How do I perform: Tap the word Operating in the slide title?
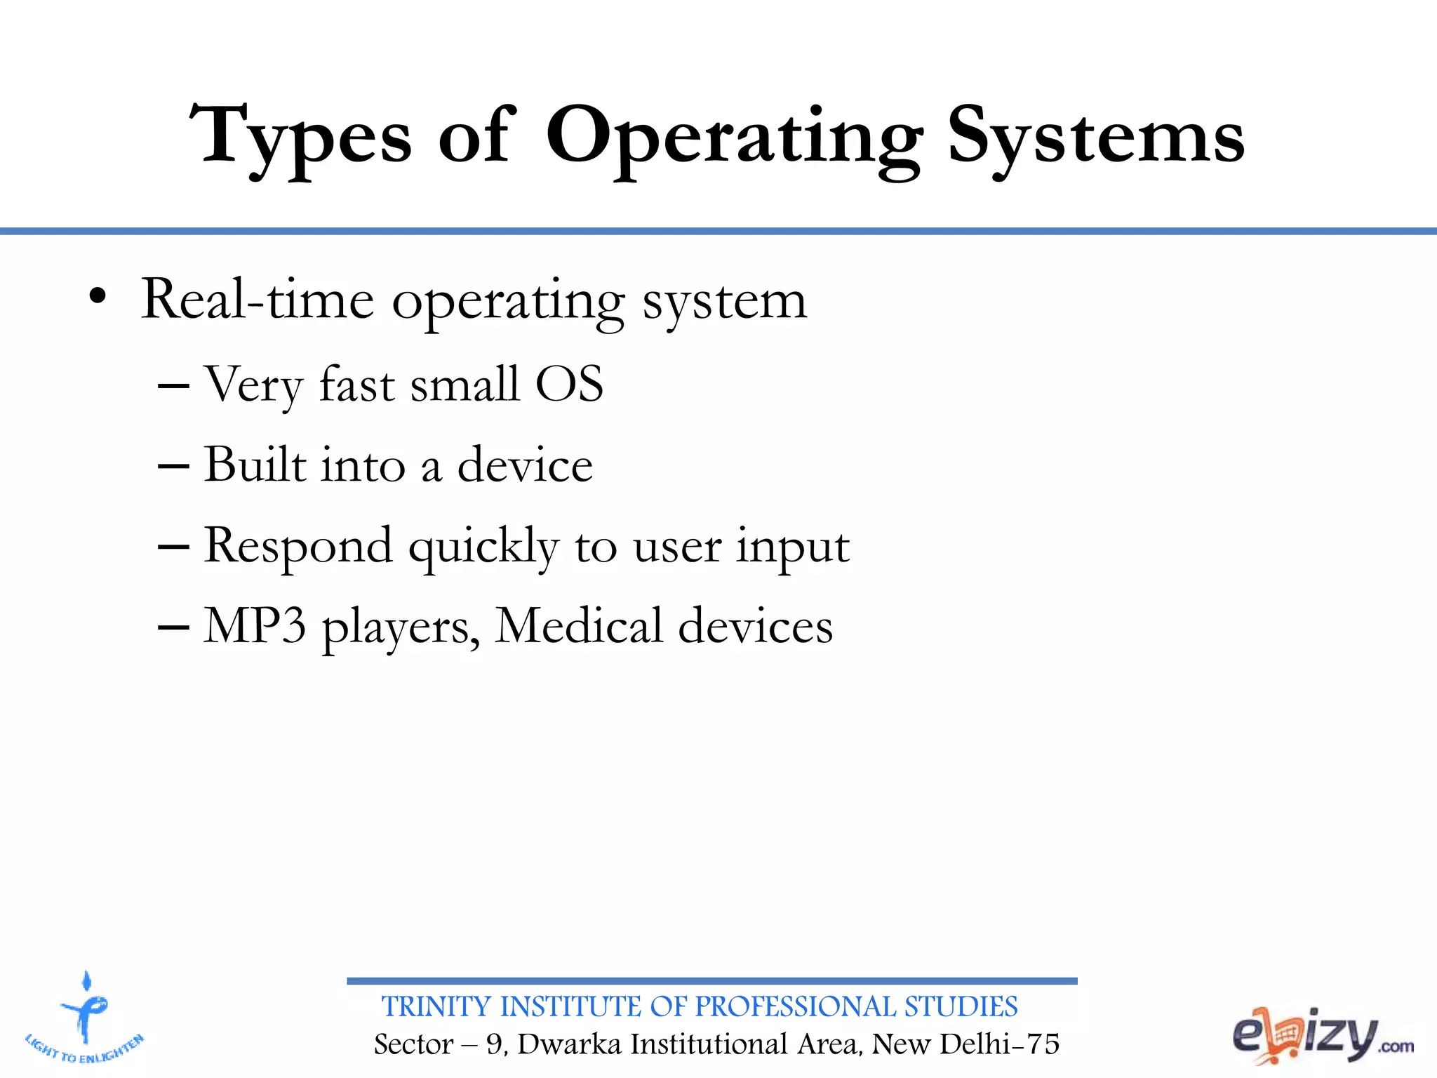tap(734, 137)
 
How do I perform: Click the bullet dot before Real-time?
tap(98, 298)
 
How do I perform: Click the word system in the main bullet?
tap(725, 302)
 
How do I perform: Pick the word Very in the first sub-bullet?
tap(253, 385)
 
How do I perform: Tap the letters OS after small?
tap(569, 384)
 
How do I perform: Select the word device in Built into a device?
tap(525, 465)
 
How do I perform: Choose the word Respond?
tap(298, 546)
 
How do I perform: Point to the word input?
tap(793, 547)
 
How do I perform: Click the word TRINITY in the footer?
tap(436, 1006)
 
